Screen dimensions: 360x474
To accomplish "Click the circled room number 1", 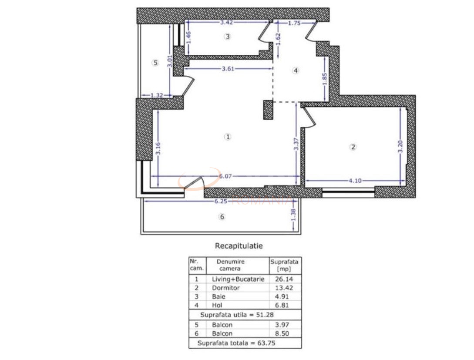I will click(x=228, y=137).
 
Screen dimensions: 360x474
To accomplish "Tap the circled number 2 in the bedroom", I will click(x=353, y=147).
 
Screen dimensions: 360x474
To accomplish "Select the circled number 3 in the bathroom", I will click(x=227, y=37).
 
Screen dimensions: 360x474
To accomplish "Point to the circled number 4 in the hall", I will click(x=296, y=71).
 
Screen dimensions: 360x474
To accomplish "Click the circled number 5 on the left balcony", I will click(x=155, y=63).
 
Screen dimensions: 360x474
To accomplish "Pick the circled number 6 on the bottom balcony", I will click(x=222, y=217).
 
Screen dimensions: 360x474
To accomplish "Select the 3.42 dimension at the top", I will click(x=226, y=23).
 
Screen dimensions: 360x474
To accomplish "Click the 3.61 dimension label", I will click(x=229, y=69).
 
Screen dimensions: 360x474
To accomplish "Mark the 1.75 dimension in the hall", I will click(x=295, y=24).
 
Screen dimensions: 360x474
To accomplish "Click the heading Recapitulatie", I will click(x=239, y=246).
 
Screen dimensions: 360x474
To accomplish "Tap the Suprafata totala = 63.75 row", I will click(x=236, y=343).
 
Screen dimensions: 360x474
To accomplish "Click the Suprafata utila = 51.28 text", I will click(x=237, y=314).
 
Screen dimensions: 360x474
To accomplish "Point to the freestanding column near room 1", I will click(x=268, y=110).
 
